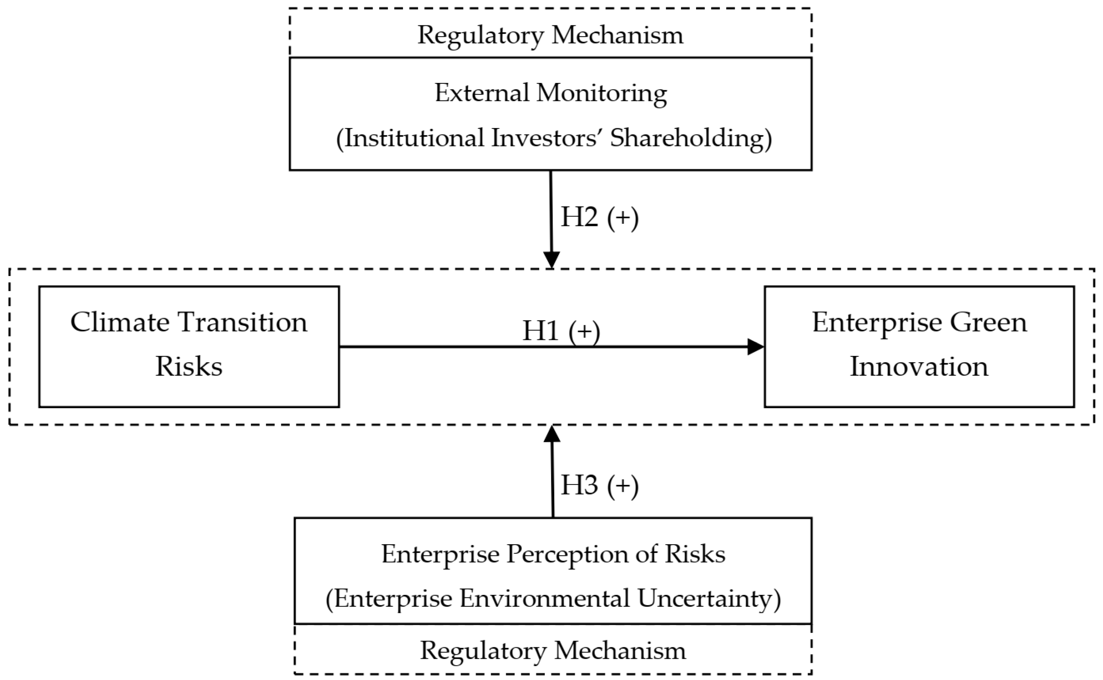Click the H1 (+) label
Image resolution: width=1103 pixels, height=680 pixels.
click(x=561, y=331)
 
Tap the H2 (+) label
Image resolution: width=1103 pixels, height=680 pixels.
click(x=599, y=218)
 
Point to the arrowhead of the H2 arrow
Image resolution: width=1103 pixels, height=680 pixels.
click(x=551, y=259)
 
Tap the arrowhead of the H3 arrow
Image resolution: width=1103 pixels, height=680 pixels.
click(x=552, y=434)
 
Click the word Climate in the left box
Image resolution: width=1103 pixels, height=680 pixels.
click(x=120, y=323)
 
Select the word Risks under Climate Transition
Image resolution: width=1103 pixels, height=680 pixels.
click(x=188, y=367)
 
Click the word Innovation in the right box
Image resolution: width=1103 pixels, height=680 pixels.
click(x=919, y=367)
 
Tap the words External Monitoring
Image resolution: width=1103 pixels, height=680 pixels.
click(x=550, y=94)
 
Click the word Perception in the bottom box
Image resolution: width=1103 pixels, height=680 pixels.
click(x=568, y=554)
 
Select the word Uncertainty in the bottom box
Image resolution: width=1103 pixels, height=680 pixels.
click(x=709, y=599)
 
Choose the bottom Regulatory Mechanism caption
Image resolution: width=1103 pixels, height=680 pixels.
click(x=553, y=650)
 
